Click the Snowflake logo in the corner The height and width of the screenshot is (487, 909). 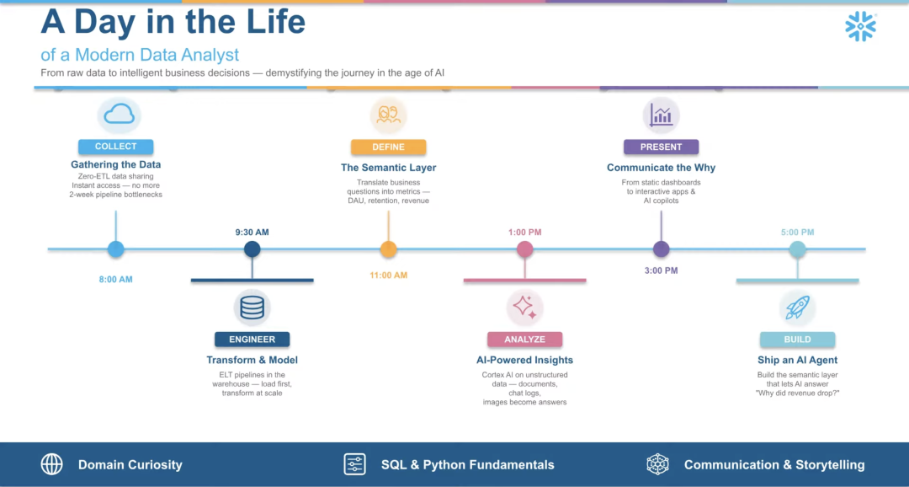click(x=860, y=27)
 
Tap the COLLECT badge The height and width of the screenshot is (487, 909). click(x=116, y=147)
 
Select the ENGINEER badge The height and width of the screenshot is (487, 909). click(x=252, y=340)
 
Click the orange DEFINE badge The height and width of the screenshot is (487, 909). click(x=388, y=147)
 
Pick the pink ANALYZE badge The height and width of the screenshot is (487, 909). click(x=524, y=340)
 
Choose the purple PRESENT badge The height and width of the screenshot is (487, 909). click(x=661, y=147)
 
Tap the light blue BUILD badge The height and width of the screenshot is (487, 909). click(x=797, y=340)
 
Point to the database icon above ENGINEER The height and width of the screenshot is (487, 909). click(x=252, y=308)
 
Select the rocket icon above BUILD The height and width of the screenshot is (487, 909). click(x=797, y=308)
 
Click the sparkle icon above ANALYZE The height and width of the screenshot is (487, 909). click(x=524, y=308)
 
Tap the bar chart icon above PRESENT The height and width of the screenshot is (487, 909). click(x=661, y=115)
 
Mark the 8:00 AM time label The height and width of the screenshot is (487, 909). click(x=116, y=279)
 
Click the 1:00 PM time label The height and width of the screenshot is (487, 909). click(x=524, y=232)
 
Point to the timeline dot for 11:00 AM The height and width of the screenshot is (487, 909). click(x=388, y=249)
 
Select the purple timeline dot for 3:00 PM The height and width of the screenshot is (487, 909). click(x=661, y=249)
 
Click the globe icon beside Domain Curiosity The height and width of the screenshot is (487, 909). click(x=52, y=464)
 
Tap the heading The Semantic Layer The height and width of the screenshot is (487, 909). click(x=388, y=168)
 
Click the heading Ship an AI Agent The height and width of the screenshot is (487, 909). click(x=797, y=360)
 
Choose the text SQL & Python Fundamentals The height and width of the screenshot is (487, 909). click(x=467, y=464)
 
